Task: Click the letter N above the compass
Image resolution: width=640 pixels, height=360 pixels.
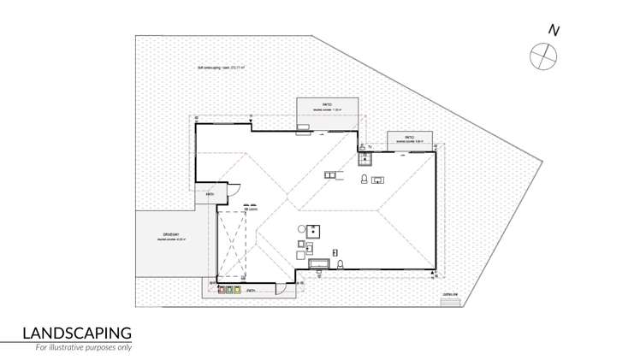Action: [554, 32]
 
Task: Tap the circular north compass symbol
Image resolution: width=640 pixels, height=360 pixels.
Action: [542, 56]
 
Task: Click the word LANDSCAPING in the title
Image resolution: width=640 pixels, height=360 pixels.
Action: [76, 333]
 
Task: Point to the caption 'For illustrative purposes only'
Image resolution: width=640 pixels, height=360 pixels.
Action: [84, 348]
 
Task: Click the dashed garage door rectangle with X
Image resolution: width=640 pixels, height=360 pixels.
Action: [232, 244]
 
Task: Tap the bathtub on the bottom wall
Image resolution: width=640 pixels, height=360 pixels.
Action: [317, 263]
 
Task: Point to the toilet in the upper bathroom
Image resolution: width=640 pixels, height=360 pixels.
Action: [364, 180]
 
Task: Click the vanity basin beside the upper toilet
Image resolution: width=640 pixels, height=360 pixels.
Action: [379, 179]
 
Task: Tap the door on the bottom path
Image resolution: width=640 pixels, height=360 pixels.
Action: [279, 288]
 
